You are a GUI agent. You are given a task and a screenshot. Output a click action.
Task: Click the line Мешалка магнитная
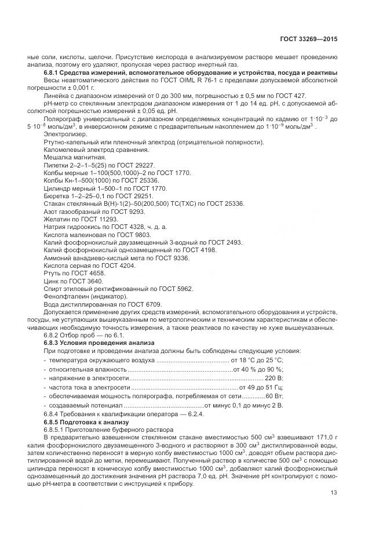point(75,157)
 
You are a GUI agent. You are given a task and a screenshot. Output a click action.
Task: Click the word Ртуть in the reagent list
point(53,272)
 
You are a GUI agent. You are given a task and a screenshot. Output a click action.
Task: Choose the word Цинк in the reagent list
point(52,281)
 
